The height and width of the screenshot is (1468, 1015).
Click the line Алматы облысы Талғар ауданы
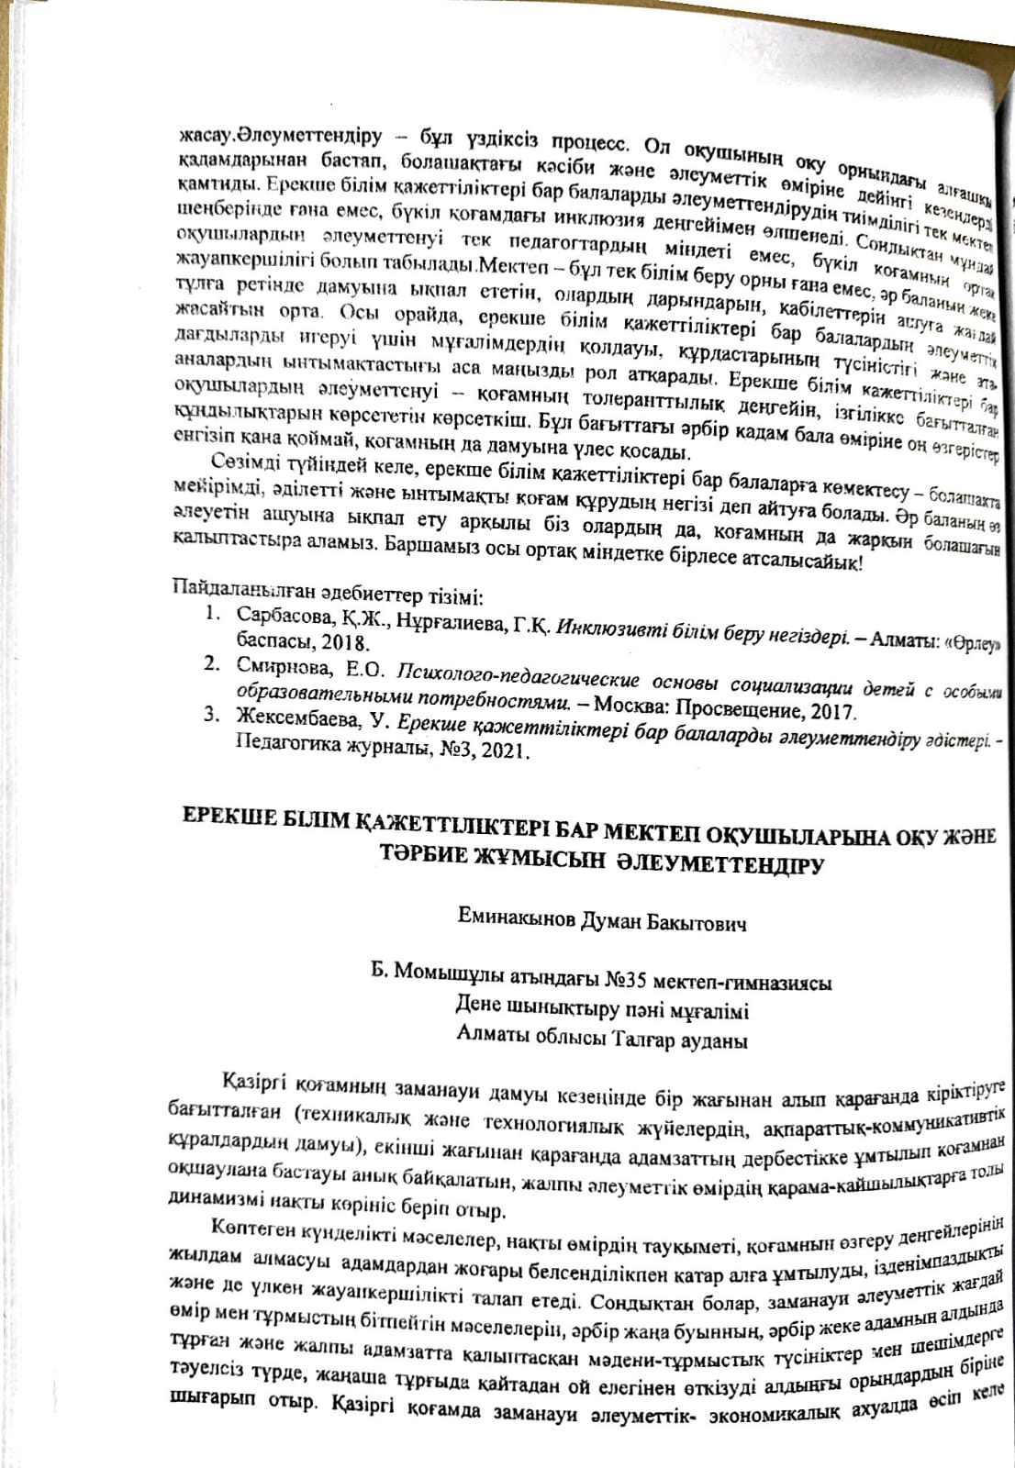pyautogui.click(x=601, y=1040)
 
